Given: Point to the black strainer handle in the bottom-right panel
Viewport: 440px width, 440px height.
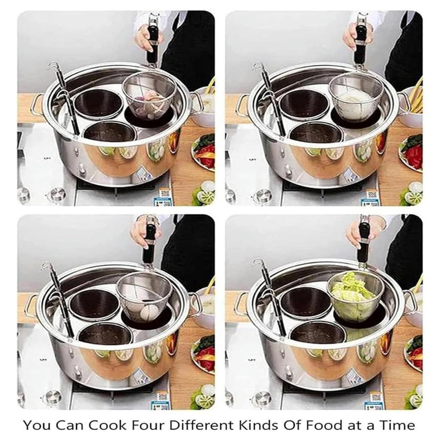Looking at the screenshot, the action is pyautogui.click(x=363, y=242).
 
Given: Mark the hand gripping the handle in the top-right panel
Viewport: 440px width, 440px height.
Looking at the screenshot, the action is pyautogui.click(x=352, y=36).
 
